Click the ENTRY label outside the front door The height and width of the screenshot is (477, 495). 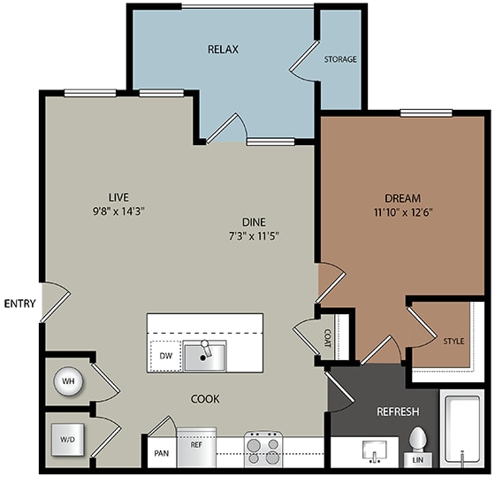point(19,304)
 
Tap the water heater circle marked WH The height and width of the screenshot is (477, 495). point(69,381)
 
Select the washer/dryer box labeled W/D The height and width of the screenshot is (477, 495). point(68,439)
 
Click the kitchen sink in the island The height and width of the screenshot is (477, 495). point(204,356)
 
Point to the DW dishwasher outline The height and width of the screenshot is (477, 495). point(166,356)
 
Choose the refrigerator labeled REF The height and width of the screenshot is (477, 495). point(196,447)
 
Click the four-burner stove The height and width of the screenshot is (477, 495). point(263,449)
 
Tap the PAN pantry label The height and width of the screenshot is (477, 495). point(161,453)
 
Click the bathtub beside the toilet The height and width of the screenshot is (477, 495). point(462,432)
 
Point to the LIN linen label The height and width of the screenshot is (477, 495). point(417,460)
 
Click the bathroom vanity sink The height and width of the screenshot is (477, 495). point(375,451)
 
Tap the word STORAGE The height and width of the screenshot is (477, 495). point(340,59)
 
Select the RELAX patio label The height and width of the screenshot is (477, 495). point(223,50)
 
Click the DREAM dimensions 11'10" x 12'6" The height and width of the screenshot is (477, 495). point(403,212)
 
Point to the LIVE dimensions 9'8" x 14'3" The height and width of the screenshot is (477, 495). point(118,212)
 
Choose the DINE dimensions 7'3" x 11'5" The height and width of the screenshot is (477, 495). point(254,235)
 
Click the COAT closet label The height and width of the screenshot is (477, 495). point(327,338)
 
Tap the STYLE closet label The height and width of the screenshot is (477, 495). point(453,341)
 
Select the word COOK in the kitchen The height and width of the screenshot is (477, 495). point(205,399)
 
